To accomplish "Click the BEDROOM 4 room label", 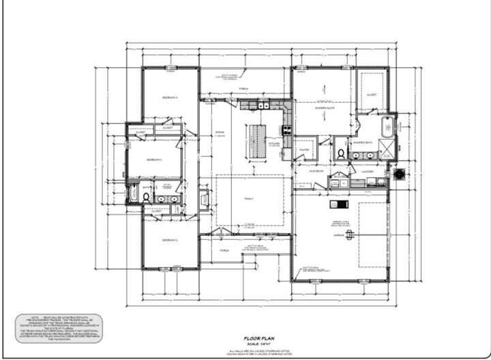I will coord(170,98).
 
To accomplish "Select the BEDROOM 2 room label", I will coord(170,241).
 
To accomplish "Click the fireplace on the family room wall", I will coord(204,199).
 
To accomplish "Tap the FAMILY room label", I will coord(249,199).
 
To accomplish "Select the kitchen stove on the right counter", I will coord(287,130).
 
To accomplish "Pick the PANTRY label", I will coord(304,149).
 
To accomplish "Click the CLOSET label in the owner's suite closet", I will coord(372,94).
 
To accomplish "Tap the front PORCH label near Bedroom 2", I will coord(224,250).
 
